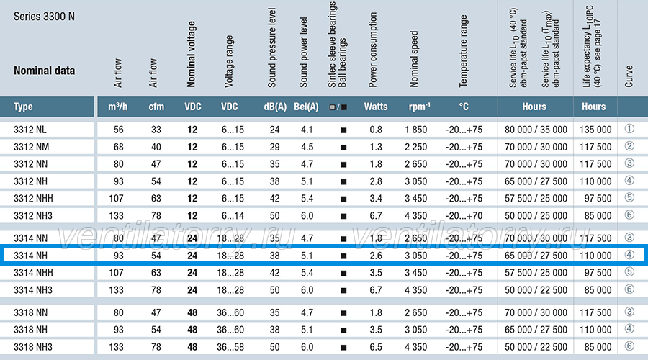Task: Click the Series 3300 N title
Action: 44,17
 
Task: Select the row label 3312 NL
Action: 30,130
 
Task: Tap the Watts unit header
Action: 376,107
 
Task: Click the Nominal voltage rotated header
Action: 191,54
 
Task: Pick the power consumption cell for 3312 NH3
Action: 376,216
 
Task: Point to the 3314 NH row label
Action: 30,256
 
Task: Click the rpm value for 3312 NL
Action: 415,130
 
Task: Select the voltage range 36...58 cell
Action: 230,347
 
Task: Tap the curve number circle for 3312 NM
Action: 629,146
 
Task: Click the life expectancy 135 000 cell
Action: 595,130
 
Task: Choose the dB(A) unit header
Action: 275,107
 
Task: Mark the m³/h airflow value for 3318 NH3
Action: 116,347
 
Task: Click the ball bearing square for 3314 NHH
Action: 343,273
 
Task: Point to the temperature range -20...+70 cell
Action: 464,216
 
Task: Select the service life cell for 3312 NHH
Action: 536,199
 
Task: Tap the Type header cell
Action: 23,107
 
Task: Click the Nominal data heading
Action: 44,71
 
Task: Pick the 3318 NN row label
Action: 30,313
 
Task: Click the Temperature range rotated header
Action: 463,51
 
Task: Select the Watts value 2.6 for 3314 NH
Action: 376,256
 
